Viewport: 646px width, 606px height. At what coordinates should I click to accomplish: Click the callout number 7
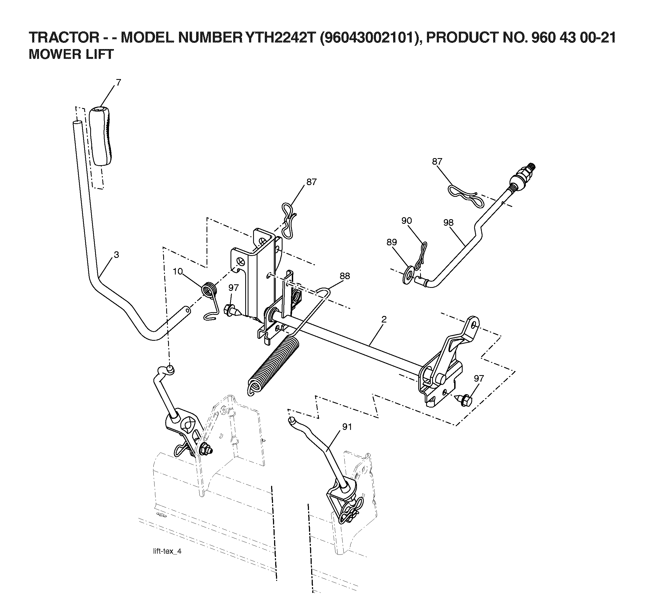tap(118, 83)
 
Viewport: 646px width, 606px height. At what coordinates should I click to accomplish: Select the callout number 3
tap(116, 255)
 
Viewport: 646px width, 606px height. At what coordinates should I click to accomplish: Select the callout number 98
tap(448, 223)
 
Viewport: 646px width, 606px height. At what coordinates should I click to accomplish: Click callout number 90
tap(407, 221)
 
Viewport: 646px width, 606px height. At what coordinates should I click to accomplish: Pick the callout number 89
tap(392, 242)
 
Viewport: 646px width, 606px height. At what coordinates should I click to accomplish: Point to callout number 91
tap(347, 427)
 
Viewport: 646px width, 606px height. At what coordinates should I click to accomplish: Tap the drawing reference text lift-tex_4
tap(167, 551)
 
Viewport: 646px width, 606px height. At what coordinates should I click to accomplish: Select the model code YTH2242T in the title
tap(281, 38)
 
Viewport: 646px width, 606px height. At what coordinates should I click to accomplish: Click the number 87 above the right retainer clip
tap(437, 162)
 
